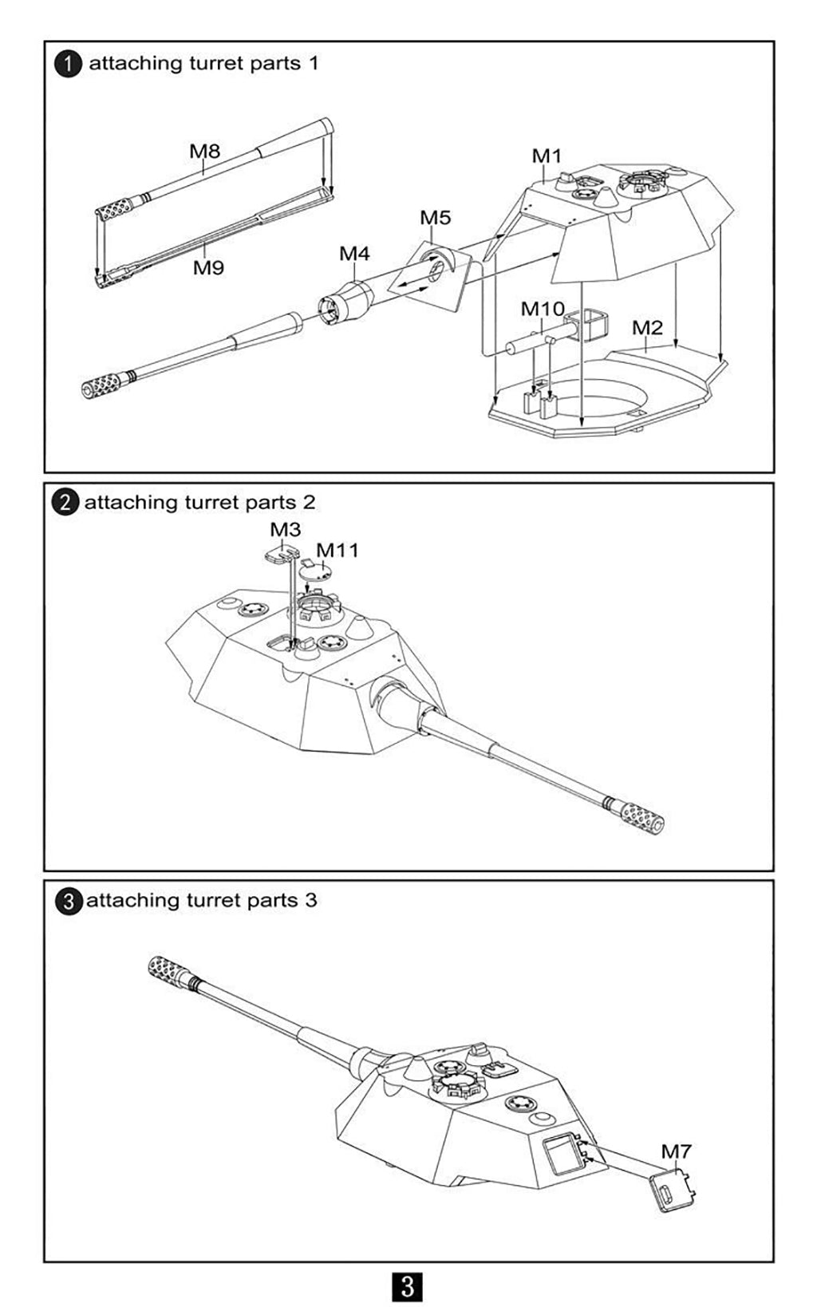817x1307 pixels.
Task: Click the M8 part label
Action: point(204,150)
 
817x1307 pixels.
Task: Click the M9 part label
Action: point(208,267)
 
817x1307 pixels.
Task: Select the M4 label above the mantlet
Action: point(354,254)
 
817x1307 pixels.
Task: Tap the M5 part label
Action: point(435,218)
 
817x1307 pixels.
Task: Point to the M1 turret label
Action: point(547,156)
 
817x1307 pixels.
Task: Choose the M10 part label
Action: point(543,309)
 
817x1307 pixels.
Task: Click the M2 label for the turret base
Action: point(647,327)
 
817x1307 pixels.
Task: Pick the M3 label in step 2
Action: point(285,529)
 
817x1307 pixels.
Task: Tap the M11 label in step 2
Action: point(337,551)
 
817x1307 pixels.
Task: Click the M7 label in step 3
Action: point(676,1151)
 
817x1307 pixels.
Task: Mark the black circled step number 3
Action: point(69,902)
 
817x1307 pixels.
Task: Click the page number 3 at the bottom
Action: point(408,1286)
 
